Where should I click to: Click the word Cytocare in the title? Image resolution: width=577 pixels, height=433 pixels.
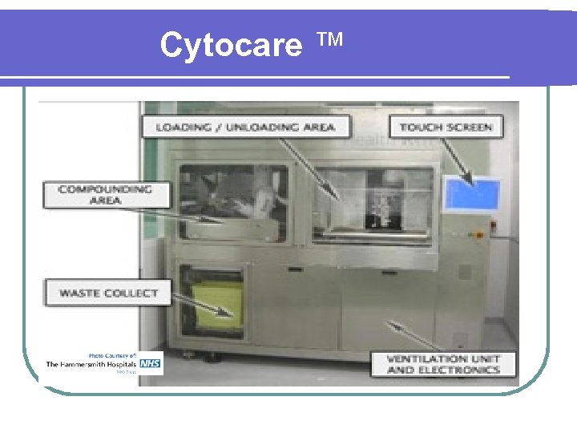[x=231, y=46]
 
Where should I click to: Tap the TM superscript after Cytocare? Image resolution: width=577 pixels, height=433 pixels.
[x=329, y=39]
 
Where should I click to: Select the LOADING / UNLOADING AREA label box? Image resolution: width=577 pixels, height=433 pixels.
[x=245, y=127]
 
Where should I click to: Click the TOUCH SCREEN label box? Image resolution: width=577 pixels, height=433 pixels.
[x=445, y=127]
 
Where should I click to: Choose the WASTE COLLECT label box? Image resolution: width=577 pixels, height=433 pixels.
[x=107, y=293]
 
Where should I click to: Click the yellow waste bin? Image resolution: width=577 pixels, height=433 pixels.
[x=215, y=306]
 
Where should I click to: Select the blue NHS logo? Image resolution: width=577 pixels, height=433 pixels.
[x=151, y=364]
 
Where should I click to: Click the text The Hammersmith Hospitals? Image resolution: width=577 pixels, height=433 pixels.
[x=91, y=364]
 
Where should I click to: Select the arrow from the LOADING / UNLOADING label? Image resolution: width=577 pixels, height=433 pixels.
[x=313, y=168]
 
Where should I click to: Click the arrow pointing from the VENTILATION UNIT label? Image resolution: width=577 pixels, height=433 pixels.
[x=409, y=337]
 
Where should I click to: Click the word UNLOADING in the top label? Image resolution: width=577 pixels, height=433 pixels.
[x=288, y=127]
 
